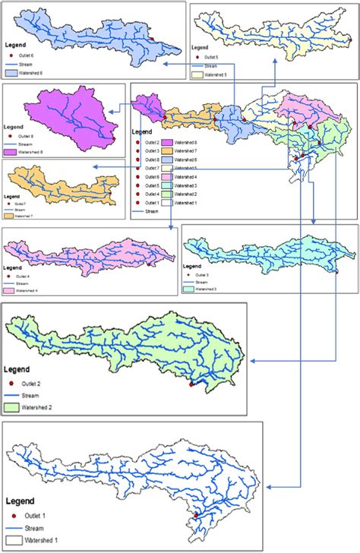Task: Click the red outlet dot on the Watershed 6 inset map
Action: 153,39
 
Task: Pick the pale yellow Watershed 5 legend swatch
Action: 201,75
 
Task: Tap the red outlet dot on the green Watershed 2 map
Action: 191,385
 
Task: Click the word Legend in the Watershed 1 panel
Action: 24,502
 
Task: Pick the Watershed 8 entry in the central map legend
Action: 187,143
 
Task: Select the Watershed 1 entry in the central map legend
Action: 187,203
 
